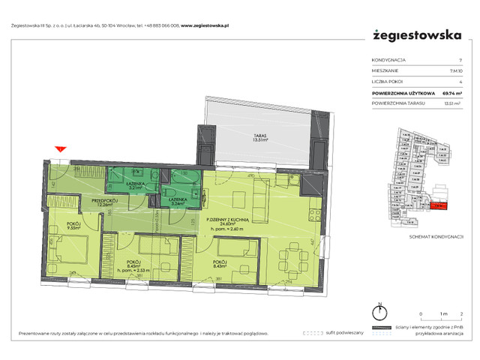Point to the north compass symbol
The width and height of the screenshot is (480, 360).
[x=380, y=312]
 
